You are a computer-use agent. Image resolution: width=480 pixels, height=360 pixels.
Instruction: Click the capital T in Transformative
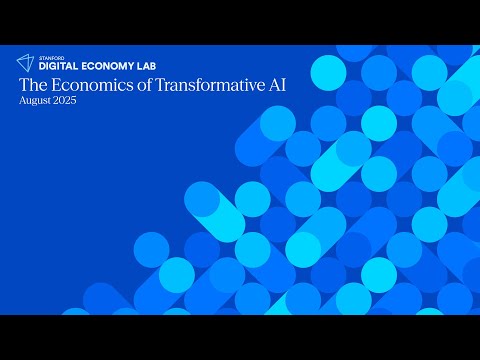(x=158, y=86)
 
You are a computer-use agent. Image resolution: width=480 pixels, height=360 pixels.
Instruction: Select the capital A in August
(x=22, y=103)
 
